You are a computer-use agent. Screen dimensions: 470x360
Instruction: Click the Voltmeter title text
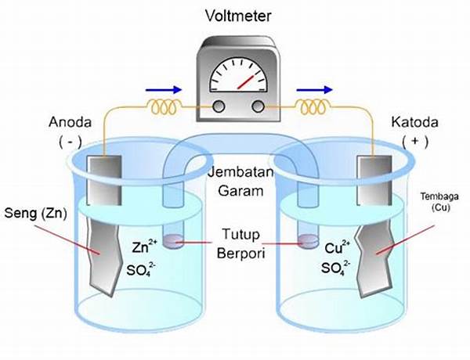(238, 16)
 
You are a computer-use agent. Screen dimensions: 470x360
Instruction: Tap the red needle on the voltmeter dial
(246, 82)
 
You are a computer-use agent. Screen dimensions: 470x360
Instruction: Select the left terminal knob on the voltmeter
(219, 106)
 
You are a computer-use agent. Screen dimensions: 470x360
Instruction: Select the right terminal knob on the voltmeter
(258, 106)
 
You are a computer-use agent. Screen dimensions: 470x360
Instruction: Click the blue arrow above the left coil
(164, 89)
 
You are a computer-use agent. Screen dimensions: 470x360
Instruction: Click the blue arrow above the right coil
(314, 89)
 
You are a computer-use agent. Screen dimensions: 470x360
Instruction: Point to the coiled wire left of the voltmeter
(164, 107)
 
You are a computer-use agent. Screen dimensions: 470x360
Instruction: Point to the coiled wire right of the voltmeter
(314, 107)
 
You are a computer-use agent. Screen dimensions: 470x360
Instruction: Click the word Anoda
(70, 122)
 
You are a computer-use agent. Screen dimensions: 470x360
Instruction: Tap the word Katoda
(415, 122)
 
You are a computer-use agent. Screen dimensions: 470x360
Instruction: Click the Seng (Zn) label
(36, 214)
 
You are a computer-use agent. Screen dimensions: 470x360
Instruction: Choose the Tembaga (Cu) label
(439, 202)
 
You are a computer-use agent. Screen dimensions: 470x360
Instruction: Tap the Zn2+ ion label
(144, 247)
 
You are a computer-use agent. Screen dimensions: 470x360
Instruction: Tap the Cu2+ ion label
(337, 247)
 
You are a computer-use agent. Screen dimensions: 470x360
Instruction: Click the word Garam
(240, 191)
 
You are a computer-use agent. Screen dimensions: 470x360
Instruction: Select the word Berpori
(241, 254)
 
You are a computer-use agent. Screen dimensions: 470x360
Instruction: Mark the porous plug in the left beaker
(174, 241)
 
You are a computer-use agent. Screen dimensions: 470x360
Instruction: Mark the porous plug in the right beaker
(308, 241)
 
